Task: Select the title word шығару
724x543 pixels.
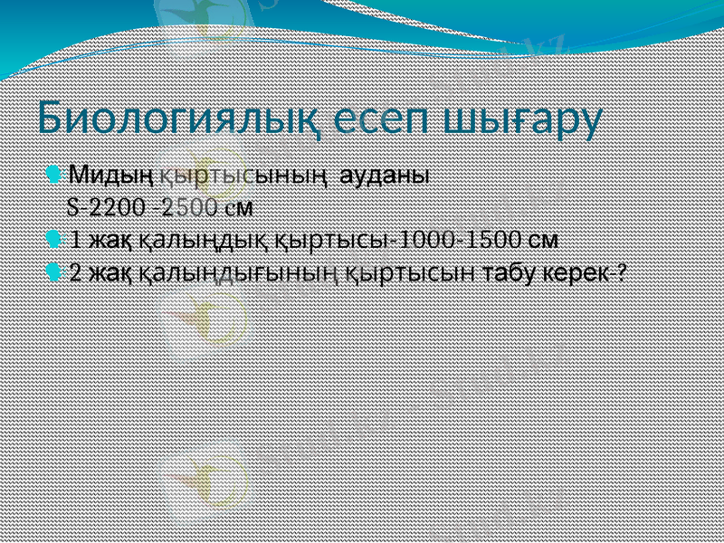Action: point(528,119)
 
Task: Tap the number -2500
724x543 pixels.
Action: point(186,207)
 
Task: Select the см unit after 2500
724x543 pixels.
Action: point(238,207)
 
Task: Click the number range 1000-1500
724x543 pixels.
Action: point(460,241)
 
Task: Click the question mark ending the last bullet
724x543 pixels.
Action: point(622,273)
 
